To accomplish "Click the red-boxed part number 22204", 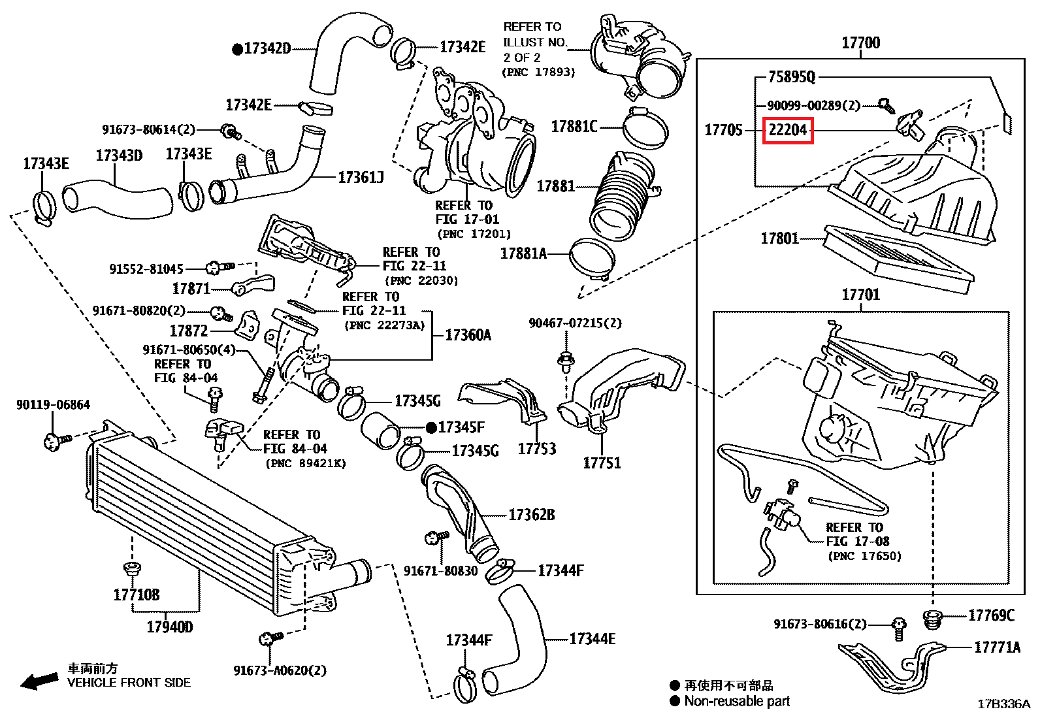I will click(788, 129).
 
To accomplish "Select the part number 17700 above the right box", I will click(860, 43).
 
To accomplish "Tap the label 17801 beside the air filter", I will click(779, 238).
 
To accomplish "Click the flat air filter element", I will click(898, 259).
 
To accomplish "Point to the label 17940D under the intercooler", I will click(170, 627).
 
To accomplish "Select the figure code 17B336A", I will click(1003, 704).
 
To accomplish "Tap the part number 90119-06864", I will click(53, 405).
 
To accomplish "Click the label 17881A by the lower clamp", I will click(523, 253).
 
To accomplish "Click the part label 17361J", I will click(361, 177).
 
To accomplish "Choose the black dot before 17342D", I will click(238, 48).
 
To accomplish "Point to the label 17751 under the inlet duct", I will click(602, 463).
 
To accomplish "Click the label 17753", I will click(536, 449).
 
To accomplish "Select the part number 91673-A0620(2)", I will click(280, 670).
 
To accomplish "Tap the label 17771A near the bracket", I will click(997, 647).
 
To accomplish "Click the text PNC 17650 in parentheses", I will click(864, 556).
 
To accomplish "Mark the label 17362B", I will click(531, 515).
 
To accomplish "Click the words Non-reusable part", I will click(737, 702).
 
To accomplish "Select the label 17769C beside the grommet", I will click(991, 615).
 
